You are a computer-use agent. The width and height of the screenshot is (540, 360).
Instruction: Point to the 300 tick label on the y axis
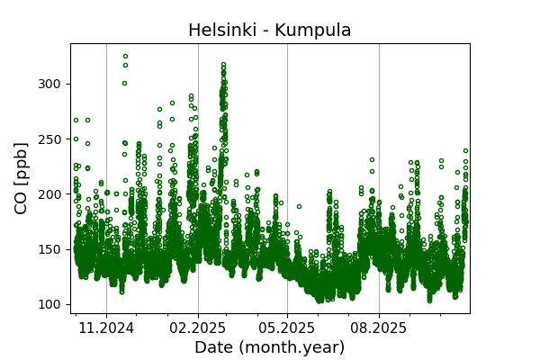[52, 84]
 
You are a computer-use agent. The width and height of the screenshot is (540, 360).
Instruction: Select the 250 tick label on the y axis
[52, 139]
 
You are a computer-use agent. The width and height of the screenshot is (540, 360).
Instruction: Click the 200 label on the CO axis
[52, 193]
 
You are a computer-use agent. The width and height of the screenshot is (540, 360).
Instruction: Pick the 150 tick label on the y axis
[52, 248]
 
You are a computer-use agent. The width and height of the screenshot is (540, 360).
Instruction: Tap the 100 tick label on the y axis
[52, 304]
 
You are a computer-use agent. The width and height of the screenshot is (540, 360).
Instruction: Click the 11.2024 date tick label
[106, 328]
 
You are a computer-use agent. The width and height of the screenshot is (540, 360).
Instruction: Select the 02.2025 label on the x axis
[198, 328]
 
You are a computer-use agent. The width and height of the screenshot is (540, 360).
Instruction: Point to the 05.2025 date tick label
[287, 328]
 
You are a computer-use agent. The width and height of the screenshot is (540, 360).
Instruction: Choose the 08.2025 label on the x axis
[379, 328]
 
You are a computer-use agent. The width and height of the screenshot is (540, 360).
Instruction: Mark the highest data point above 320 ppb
[125, 56]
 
